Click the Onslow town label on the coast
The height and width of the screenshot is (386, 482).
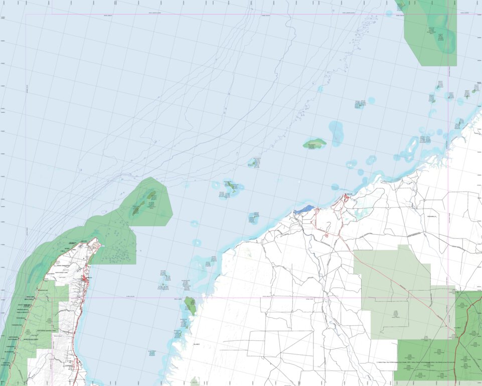349,194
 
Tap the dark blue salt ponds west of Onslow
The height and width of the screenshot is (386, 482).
304,210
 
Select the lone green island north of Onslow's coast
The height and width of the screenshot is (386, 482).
314,143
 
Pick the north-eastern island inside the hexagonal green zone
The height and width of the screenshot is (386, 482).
150,196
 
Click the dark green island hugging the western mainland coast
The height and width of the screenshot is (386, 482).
190,305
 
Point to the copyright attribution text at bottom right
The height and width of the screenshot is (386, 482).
416,361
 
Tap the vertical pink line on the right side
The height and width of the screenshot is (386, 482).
447,150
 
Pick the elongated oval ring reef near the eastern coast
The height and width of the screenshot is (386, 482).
412,145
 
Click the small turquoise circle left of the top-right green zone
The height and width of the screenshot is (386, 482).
389,14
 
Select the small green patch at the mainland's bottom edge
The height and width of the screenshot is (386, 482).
195,381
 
